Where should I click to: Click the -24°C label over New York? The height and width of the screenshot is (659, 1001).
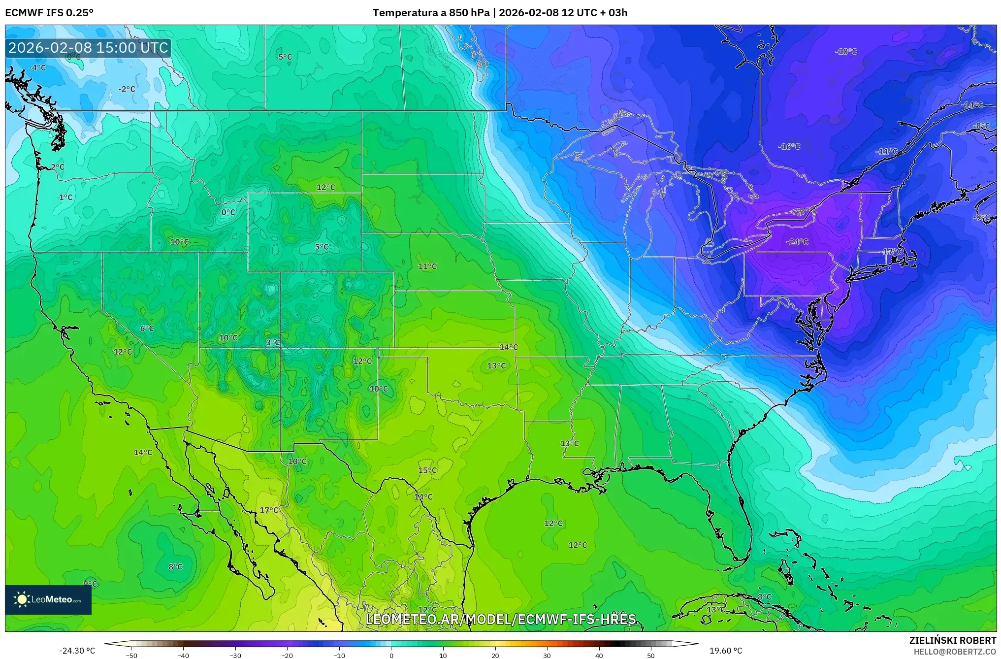pyautogui.click(x=797, y=242)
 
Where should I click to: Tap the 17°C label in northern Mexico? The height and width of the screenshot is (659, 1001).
pyautogui.click(x=269, y=510)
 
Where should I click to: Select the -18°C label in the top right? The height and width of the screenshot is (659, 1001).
pyautogui.click(x=846, y=52)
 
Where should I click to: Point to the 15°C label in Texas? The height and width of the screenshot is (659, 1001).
pyautogui.click(x=427, y=470)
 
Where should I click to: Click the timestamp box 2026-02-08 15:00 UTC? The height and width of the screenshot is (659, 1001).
pyautogui.click(x=88, y=48)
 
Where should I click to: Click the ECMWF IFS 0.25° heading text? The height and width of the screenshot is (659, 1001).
pyautogui.click(x=49, y=13)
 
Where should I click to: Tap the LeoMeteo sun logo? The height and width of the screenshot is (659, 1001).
pyautogui.click(x=22, y=599)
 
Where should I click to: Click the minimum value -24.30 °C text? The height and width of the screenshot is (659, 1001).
pyautogui.click(x=77, y=651)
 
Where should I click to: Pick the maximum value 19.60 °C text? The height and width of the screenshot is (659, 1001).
pyautogui.click(x=725, y=651)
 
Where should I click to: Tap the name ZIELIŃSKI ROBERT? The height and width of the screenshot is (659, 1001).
pyautogui.click(x=952, y=640)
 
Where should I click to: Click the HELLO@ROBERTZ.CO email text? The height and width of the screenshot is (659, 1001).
pyautogui.click(x=955, y=652)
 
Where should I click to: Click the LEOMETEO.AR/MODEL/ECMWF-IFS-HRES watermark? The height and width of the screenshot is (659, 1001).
pyautogui.click(x=500, y=619)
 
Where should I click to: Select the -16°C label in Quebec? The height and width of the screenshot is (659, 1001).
pyautogui.click(x=789, y=147)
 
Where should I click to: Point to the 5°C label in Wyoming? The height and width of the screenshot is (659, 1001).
pyautogui.click(x=322, y=247)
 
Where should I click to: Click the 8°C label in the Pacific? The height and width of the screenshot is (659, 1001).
pyautogui.click(x=175, y=567)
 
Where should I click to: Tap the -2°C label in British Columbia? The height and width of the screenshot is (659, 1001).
pyautogui.click(x=127, y=89)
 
